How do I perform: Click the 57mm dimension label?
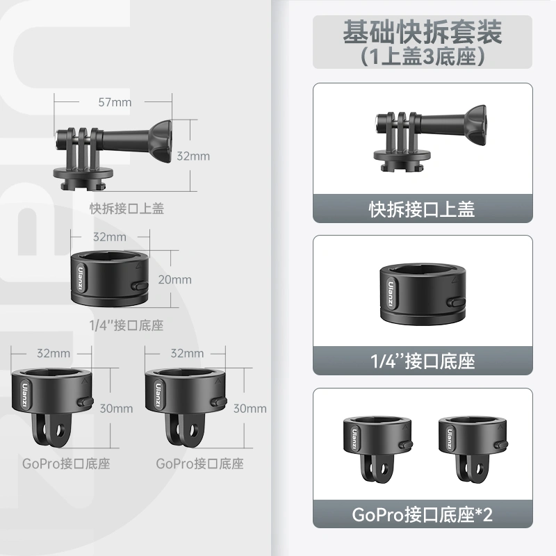coord(115,102)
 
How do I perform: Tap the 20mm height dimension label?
coord(175,279)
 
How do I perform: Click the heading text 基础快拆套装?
coord(423,32)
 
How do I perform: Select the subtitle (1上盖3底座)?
coord(423,56)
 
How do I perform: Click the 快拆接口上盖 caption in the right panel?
coord(422,209)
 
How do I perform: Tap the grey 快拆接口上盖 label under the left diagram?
coord(126,208)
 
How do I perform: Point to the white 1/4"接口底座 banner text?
coord(423,361)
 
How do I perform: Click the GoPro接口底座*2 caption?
coord(423,514)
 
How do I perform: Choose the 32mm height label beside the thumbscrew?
coord(193,156)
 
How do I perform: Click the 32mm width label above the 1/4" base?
coord(110,237)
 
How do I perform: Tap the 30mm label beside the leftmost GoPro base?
coord(116,409)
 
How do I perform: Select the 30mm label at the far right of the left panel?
coord(250,409)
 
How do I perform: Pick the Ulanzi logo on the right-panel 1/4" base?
coord(391,294)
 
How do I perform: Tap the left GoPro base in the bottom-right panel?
coord(378,448)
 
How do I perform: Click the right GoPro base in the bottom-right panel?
coord(473,448)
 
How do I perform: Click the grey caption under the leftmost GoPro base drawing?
coord(66,464)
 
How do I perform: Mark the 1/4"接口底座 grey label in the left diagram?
coord(126,325)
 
